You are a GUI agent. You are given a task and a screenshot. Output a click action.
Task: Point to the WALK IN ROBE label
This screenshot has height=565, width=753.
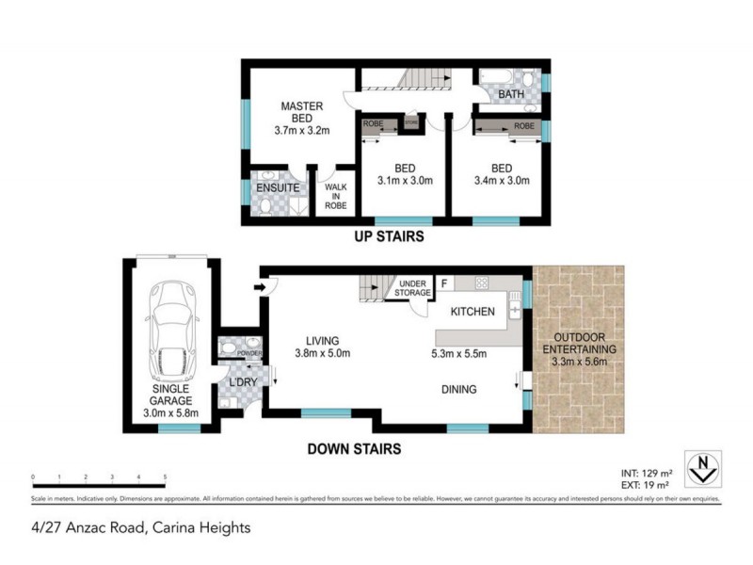[x=336, y=194]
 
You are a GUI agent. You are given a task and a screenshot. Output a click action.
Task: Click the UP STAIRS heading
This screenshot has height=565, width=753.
[x=388, y=236]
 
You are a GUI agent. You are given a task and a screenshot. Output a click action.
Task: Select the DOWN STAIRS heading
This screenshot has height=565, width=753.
[x=355, y=449]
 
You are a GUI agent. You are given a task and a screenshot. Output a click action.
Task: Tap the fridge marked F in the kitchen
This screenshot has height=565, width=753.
[x=444, y=281]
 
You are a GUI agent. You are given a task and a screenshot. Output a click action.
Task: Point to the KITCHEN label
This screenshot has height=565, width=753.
[x=473, y=312]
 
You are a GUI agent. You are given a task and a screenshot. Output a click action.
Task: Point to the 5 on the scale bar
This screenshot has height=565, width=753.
[x=165, y=477]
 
